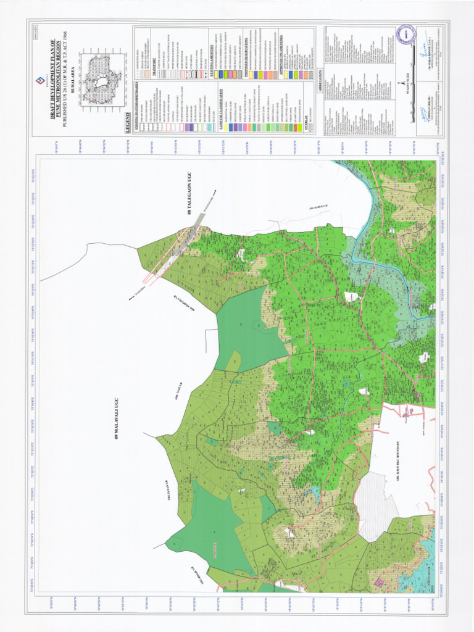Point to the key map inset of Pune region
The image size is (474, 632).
98,80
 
